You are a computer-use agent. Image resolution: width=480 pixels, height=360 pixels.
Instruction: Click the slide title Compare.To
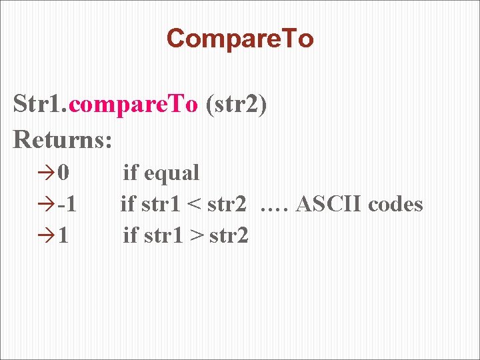(240, 39)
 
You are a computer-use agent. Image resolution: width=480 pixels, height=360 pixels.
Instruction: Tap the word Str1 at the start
(38, 105)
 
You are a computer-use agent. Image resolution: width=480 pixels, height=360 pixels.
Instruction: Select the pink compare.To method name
(133, 105)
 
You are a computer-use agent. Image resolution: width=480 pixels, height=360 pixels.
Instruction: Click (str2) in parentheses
(237, 105)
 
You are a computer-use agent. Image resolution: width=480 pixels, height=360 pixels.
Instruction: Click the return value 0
(63, 173)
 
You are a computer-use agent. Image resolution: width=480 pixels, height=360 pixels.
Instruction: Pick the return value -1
(66, 204)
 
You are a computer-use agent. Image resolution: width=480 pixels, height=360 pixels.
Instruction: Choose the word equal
(171, 173)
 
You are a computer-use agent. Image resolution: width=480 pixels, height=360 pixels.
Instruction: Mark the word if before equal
(130, 173)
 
